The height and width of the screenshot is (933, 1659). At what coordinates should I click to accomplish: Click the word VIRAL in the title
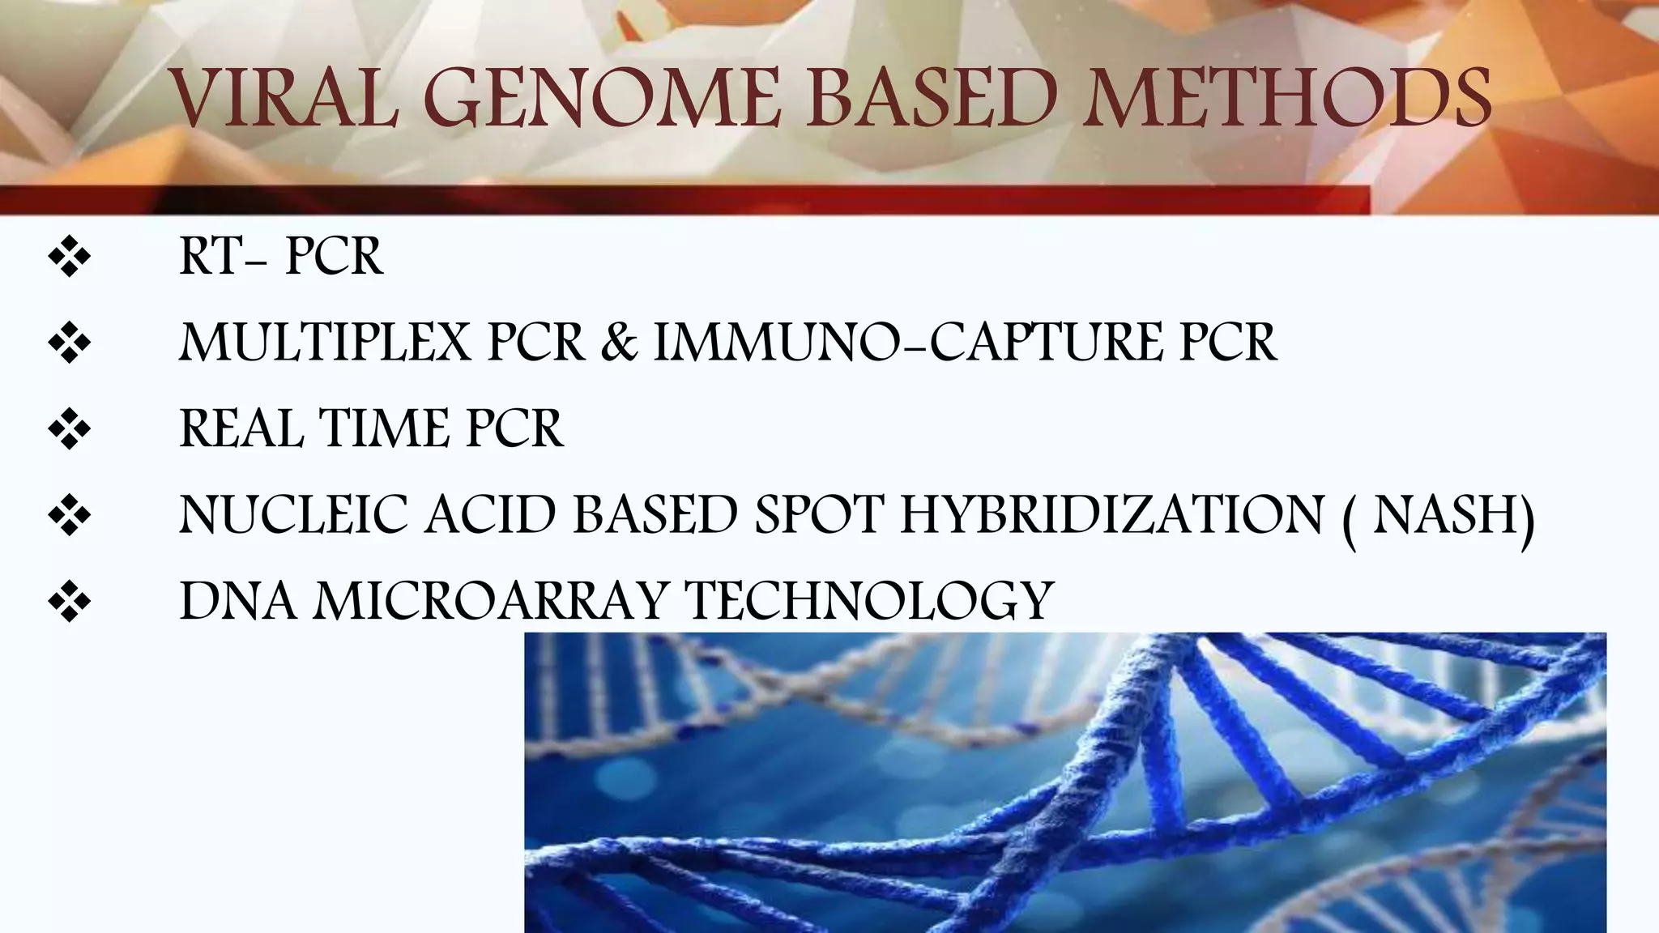(284, 99)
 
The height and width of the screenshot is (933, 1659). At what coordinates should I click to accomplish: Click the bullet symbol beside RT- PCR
(70, 259)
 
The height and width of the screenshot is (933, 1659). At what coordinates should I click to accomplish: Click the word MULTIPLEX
(324, 343)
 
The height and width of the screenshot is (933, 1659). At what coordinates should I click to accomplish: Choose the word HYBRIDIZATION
(1111, 515)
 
